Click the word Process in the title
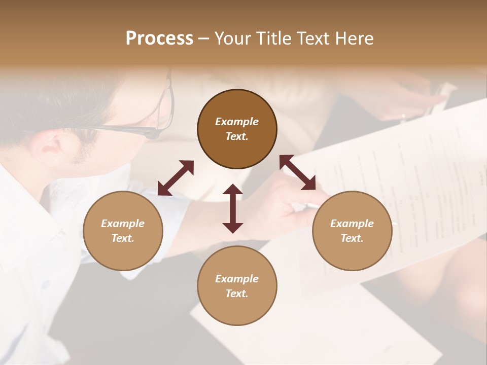(x=159, y=39)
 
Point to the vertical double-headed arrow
(x=233, y=208)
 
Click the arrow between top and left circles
(x=176, y=177)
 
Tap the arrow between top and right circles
(x=298, y=172)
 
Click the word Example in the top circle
(x=237, y=122)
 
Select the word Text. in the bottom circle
(x=237, y=294)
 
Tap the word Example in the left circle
(x=123, y=224)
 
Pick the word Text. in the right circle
(x=352, y=238)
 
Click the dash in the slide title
(x=203, y=39)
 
